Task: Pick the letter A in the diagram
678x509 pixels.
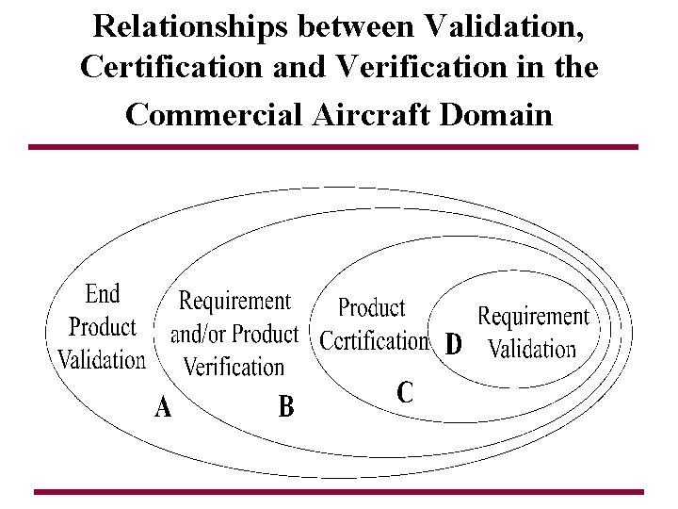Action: click(x=163, y=407)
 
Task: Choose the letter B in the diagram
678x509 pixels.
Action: click(x=286, y=407)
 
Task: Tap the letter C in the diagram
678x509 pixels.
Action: click(x=405, y=391)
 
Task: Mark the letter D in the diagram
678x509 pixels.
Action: click(x=453, y=345)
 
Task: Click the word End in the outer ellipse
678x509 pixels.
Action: click(x=103, y=294)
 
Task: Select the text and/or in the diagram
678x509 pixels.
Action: click(x=199, y=335)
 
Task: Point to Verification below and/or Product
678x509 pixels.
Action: click(x=234, y=367)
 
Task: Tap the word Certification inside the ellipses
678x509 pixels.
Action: click(x=374, y=339)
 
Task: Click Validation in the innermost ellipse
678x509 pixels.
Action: click(x=532, y=350)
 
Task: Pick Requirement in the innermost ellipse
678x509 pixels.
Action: click(x=533, y=317)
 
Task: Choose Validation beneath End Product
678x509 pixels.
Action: click(x=102, y=359)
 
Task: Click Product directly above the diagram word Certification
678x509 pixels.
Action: click(x=371, y=307)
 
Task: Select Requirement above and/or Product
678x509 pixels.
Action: click(x=235, y=302)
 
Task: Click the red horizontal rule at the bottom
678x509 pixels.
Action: click(x=338, y=491)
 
